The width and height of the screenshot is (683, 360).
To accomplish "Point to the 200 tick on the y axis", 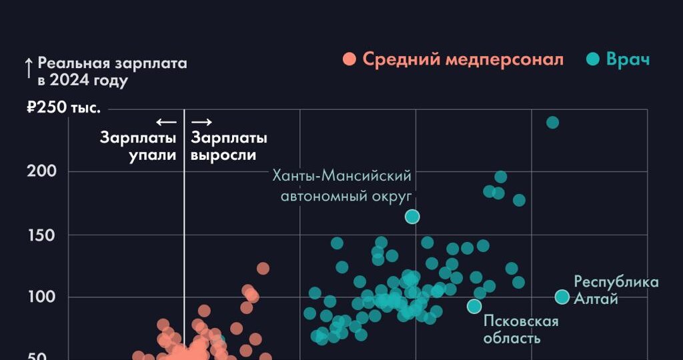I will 42,171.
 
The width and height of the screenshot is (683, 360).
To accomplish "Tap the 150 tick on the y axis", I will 42,235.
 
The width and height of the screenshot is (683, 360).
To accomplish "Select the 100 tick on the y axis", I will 42,297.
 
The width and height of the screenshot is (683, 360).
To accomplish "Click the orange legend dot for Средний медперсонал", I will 349,59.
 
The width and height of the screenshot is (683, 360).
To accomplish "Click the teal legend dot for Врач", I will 592,59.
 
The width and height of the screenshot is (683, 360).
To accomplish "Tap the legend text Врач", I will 628,59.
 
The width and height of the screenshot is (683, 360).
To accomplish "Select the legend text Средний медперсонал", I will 463,59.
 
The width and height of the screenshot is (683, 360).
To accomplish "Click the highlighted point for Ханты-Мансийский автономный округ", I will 412,216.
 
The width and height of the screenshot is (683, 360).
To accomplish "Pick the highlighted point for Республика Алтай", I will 562,297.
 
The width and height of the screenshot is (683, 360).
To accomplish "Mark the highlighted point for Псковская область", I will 474,306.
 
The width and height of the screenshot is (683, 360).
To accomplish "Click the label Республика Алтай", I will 616,290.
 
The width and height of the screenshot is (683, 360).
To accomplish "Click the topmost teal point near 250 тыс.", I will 552,122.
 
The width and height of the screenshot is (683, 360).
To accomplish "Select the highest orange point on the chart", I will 263,268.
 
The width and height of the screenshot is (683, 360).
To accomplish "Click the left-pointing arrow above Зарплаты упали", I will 166,122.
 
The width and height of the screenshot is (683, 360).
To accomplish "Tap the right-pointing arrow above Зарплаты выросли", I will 201,122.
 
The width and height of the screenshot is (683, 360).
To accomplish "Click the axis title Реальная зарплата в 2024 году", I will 112,72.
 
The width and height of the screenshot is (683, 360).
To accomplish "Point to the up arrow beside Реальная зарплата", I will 29,69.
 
